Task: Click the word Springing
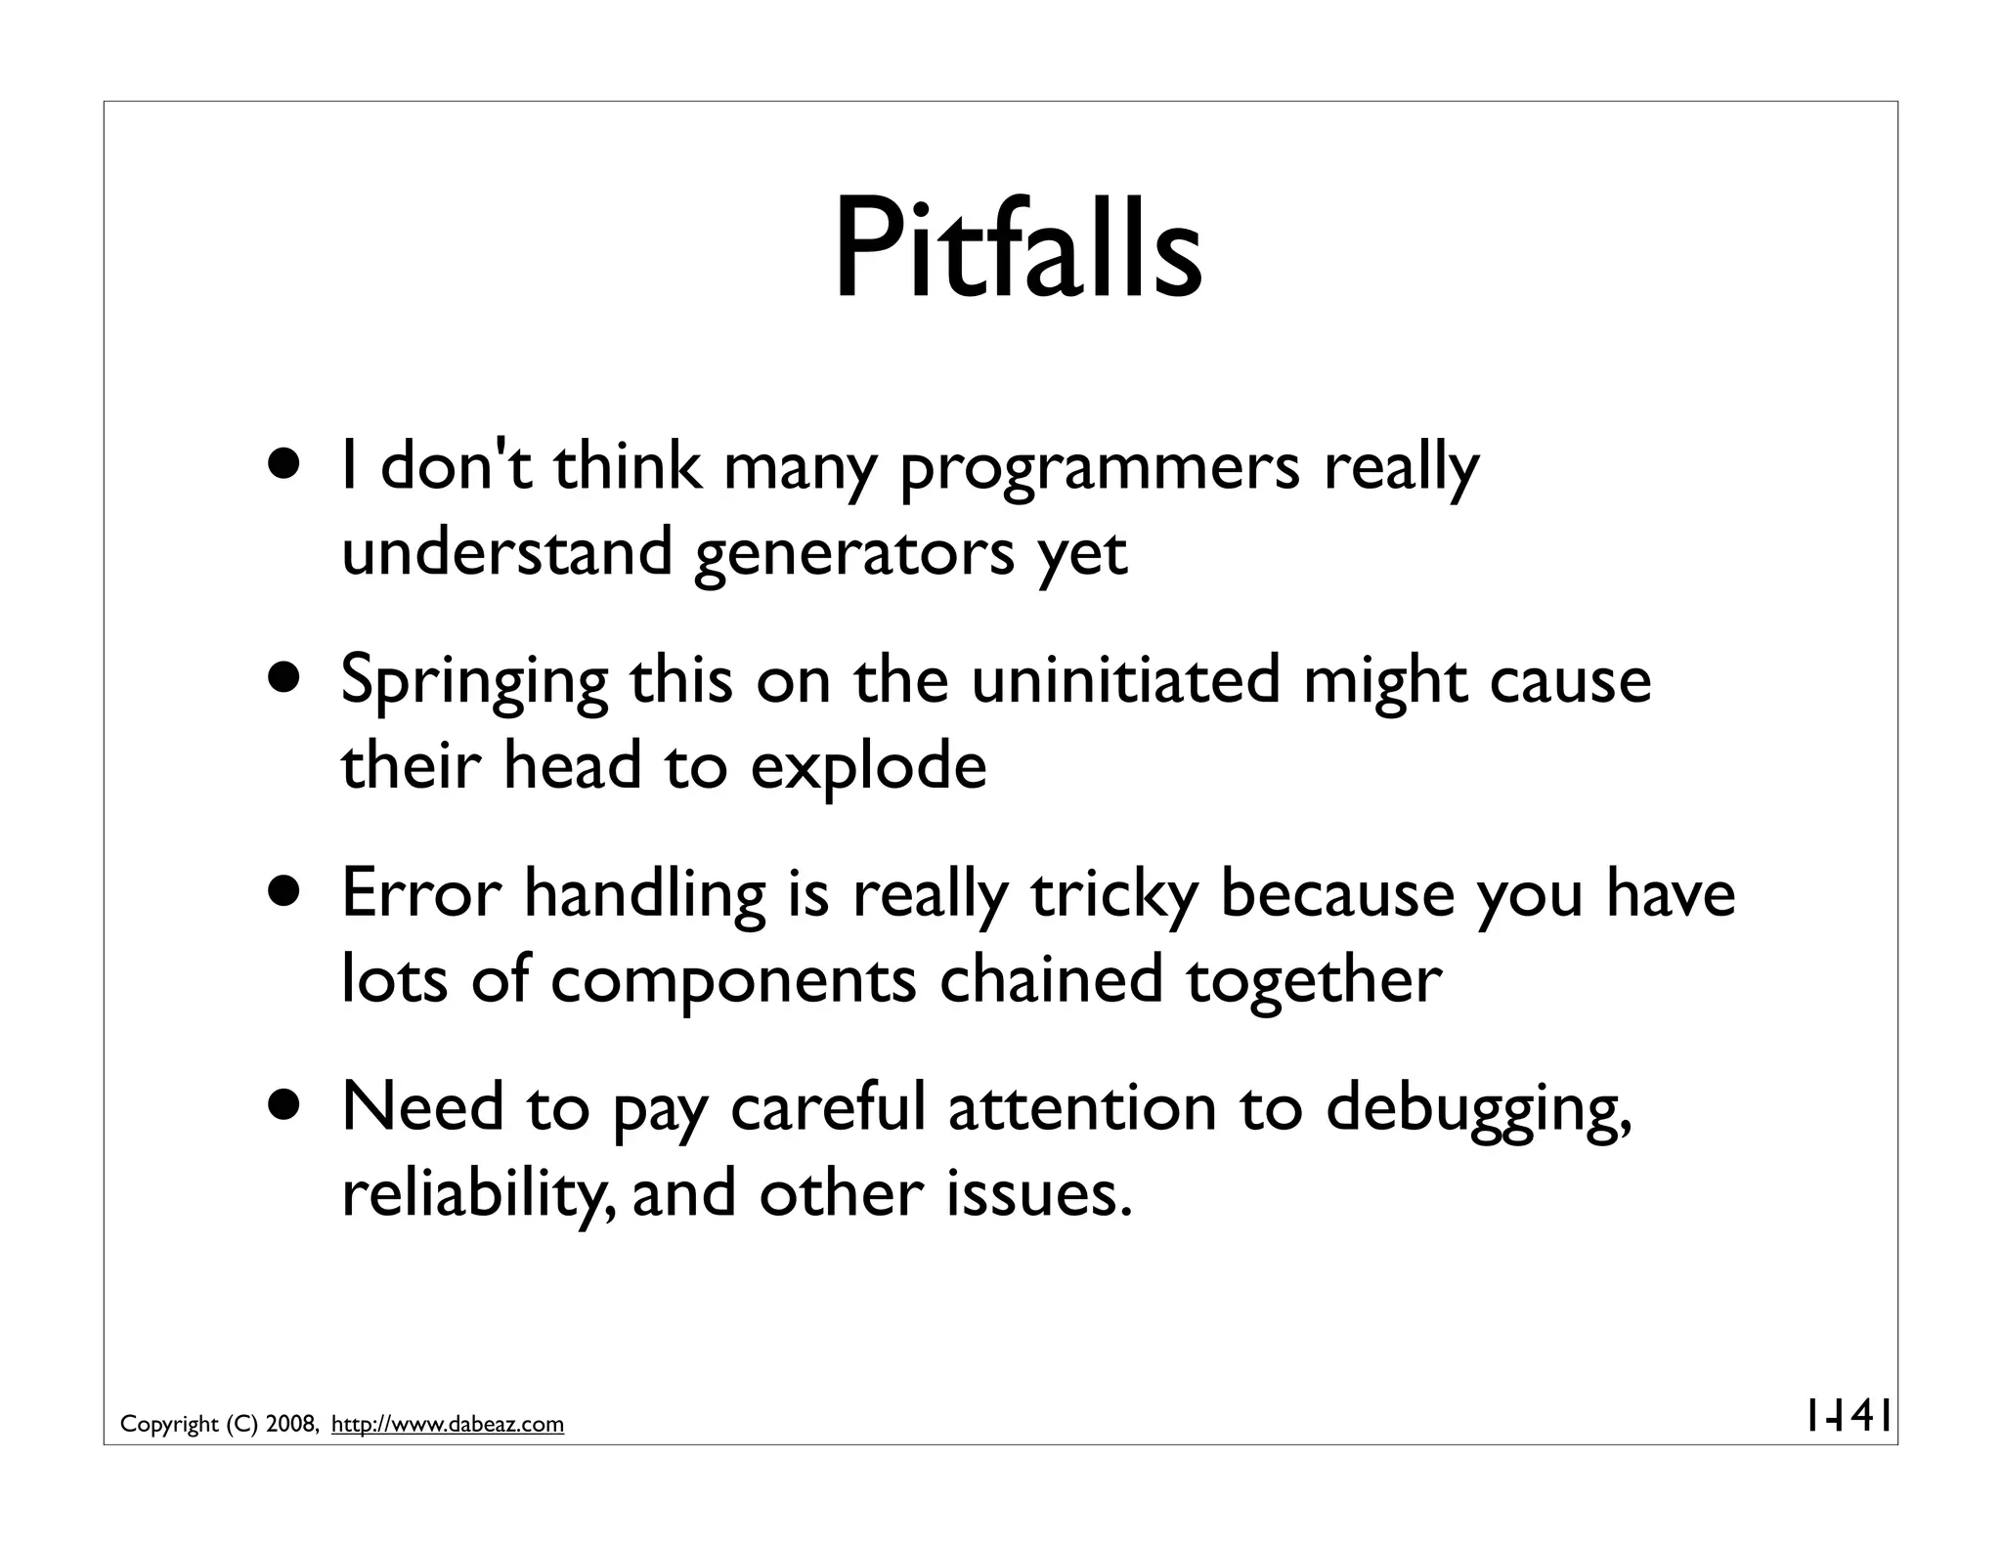pos(473,682)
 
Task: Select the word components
pos(732,979)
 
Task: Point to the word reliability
pos(478,1194)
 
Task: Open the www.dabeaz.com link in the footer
pos(448,1425)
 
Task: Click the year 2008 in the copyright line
pos(289,1425)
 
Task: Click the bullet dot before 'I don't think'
pos(288,466)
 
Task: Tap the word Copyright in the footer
pos(169,1425)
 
